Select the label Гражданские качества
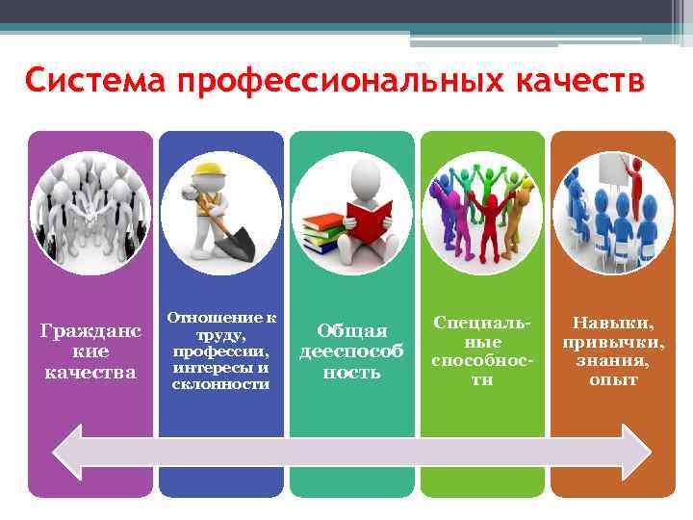(90, 351)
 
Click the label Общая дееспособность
(351, 351)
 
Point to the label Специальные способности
(482, 351)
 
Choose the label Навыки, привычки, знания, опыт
(613, 351)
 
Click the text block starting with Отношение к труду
(220, 351)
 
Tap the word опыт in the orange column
(613, 380)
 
